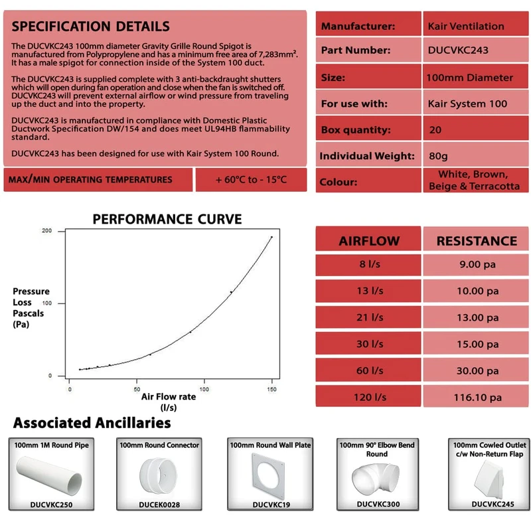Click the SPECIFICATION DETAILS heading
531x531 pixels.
[91, 27]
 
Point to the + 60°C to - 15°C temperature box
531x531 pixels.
[251, 179]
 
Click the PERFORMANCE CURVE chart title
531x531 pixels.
[167, 219]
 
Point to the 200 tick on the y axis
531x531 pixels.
[46, 231]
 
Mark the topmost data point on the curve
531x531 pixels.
[271, 237]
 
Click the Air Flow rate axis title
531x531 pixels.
[169, 398]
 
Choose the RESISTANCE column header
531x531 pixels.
[477, 241]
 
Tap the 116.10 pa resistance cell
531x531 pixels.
[476, 398]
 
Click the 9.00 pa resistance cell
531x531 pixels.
[476, 264]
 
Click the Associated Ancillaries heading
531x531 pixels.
[92, 423]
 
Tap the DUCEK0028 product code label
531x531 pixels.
[159, 504]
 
